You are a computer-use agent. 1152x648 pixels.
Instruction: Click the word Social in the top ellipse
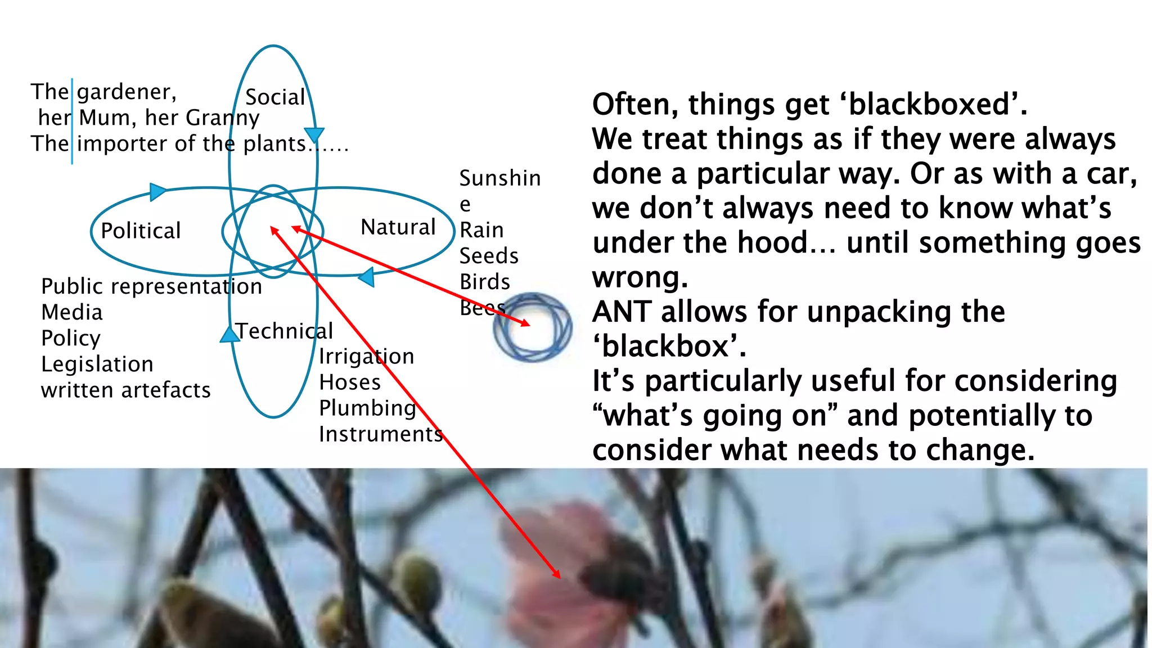(x=275, y=97)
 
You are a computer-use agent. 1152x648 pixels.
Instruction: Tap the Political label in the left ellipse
(x=141, y=231)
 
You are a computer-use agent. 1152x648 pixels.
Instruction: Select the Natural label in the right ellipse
(x=398, y=227)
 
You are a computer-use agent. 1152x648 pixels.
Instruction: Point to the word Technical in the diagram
(x=285, y=331)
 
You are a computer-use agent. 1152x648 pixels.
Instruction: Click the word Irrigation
(x=366, y=357)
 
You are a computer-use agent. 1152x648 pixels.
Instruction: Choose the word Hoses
(x=350, y=382)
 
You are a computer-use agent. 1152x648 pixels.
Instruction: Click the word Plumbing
(x=367, y=408)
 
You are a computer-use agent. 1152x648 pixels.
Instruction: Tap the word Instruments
(x=381, y=434)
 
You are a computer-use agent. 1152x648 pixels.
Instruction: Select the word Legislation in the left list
(x=97, y=364)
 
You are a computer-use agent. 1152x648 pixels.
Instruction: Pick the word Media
(x=72, y=312)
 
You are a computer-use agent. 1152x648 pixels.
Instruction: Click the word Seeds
(x=489, y=256)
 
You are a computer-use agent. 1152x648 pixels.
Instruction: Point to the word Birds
(x=485, y=282)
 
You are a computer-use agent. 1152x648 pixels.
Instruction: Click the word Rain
(x=481, y=230)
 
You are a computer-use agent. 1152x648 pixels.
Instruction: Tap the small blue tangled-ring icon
(x=533, y=327)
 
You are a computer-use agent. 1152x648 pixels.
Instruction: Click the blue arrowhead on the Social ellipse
(x=314, y=134)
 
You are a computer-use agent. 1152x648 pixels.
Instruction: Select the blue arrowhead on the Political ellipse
(x=157, y=191)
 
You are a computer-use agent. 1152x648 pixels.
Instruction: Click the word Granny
(x=223, y=118)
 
